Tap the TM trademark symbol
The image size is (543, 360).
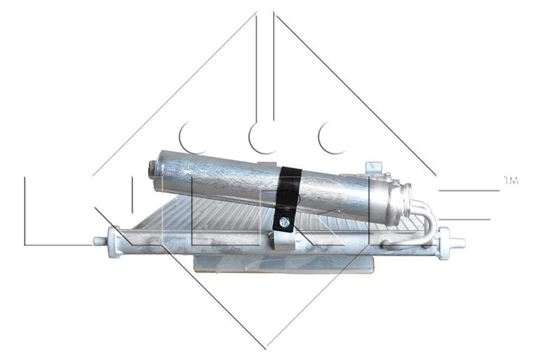[510, 181]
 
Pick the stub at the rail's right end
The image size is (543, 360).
[458, 241]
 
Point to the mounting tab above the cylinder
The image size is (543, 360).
[374, 168]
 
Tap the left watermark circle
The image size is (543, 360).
[192, 137]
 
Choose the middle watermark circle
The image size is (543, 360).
[262, 137]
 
